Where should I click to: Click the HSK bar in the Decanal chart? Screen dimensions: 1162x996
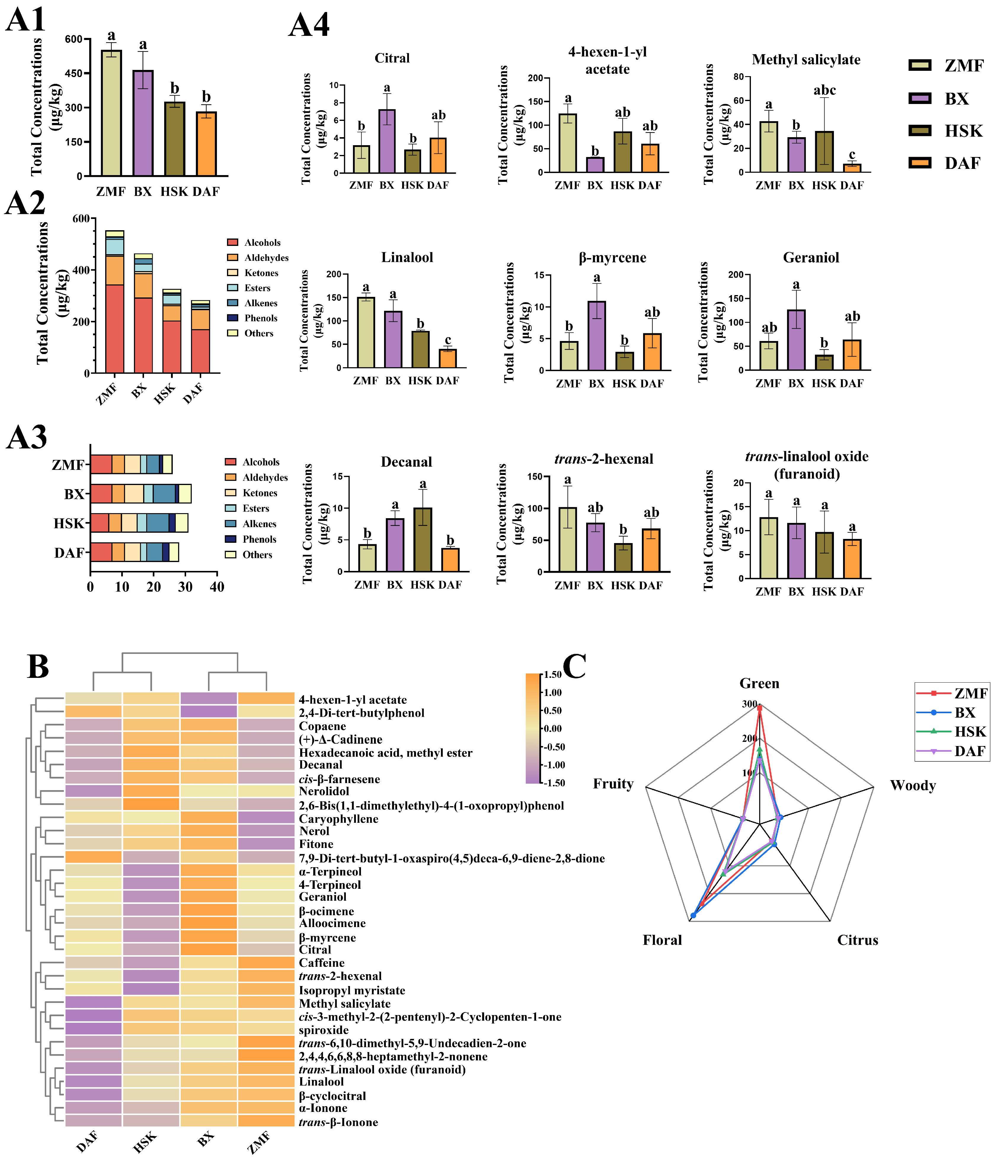coord(423,540)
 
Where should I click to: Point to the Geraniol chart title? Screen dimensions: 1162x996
coord(811,257)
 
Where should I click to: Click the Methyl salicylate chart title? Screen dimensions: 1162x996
coord(806,60)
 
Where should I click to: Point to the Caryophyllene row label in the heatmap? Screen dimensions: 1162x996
coord(338,819)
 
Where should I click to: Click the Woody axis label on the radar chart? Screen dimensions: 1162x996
coord(912,785)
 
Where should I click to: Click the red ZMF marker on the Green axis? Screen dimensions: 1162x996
coord(759,708)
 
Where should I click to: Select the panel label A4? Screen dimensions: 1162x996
coord(309,25)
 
